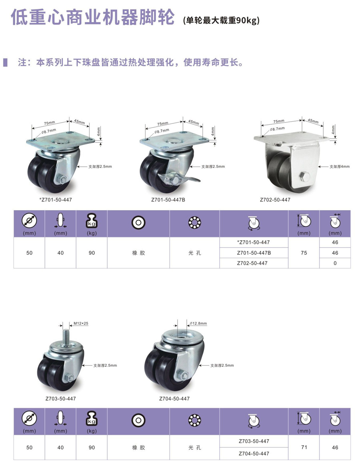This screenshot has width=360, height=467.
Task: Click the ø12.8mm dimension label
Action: [x=198, y=323]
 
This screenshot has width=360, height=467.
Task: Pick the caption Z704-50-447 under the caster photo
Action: [x=174, y=399]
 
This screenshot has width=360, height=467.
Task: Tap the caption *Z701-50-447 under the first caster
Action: [x=56, y=199]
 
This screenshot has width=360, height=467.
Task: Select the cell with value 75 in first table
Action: [x=304, y=253]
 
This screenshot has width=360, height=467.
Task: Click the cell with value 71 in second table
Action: [x=304, y=447]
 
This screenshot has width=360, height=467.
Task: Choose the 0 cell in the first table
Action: [x=335, y=263]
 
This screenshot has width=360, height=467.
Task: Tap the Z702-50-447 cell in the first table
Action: [x=254, y=263]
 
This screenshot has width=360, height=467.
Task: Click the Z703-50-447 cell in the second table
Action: [x=254, y=441]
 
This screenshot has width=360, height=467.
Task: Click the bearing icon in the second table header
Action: [x=194, y=420]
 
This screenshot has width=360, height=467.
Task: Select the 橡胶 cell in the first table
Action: [x=138, y=253]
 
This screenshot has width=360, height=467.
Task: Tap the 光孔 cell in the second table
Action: [x=194, y=447]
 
